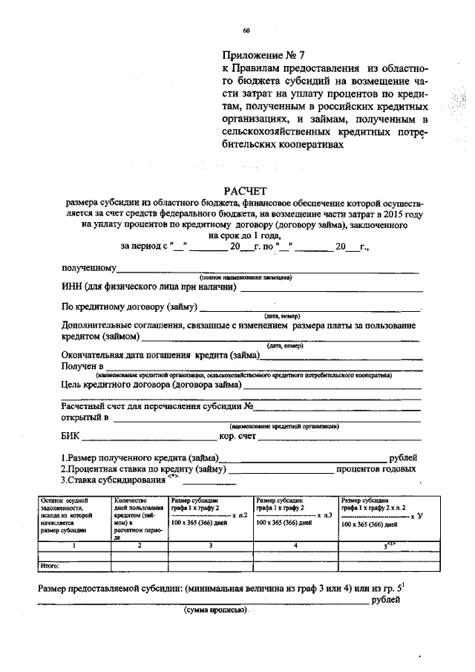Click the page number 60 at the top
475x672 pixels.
click(246, 30)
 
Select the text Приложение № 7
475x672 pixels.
click(263, 55)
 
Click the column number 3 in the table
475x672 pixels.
click(211, 547)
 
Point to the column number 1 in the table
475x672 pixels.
click(72, 547)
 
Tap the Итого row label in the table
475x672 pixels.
click(49, 567)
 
